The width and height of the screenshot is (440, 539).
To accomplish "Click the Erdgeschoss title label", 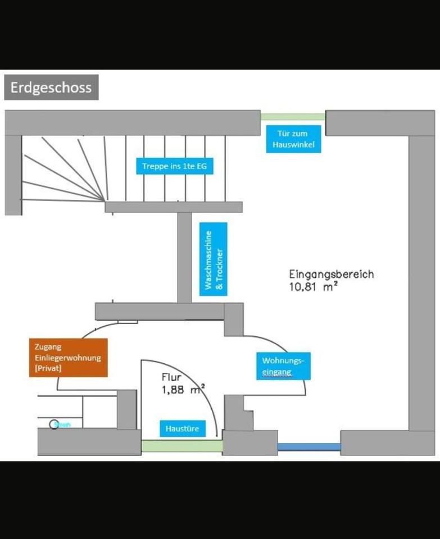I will (51, 88).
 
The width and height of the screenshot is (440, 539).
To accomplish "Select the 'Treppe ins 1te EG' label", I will (175, 166).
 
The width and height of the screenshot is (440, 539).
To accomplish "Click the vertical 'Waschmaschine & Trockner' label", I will (214, 259).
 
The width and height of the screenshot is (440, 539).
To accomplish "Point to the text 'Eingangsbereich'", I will (331, 275).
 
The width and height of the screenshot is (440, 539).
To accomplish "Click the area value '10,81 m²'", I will (313, 287).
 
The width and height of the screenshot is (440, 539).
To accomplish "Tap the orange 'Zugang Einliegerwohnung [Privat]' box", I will (68, 358).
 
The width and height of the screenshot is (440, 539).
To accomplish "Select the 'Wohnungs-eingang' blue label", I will (283, 366).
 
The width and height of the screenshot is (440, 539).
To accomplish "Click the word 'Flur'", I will (171, 377).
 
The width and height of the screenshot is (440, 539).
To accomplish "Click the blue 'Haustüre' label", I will (182, 429).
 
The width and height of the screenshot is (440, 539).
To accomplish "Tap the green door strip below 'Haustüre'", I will (182, 446).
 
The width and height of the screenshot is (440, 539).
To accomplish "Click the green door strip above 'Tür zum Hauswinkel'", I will (293, 117).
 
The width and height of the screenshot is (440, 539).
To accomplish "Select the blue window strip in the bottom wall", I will (309, 447).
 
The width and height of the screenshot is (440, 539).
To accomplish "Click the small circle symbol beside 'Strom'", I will (54, 424).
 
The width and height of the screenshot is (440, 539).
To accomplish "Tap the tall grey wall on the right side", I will (421, 281).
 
